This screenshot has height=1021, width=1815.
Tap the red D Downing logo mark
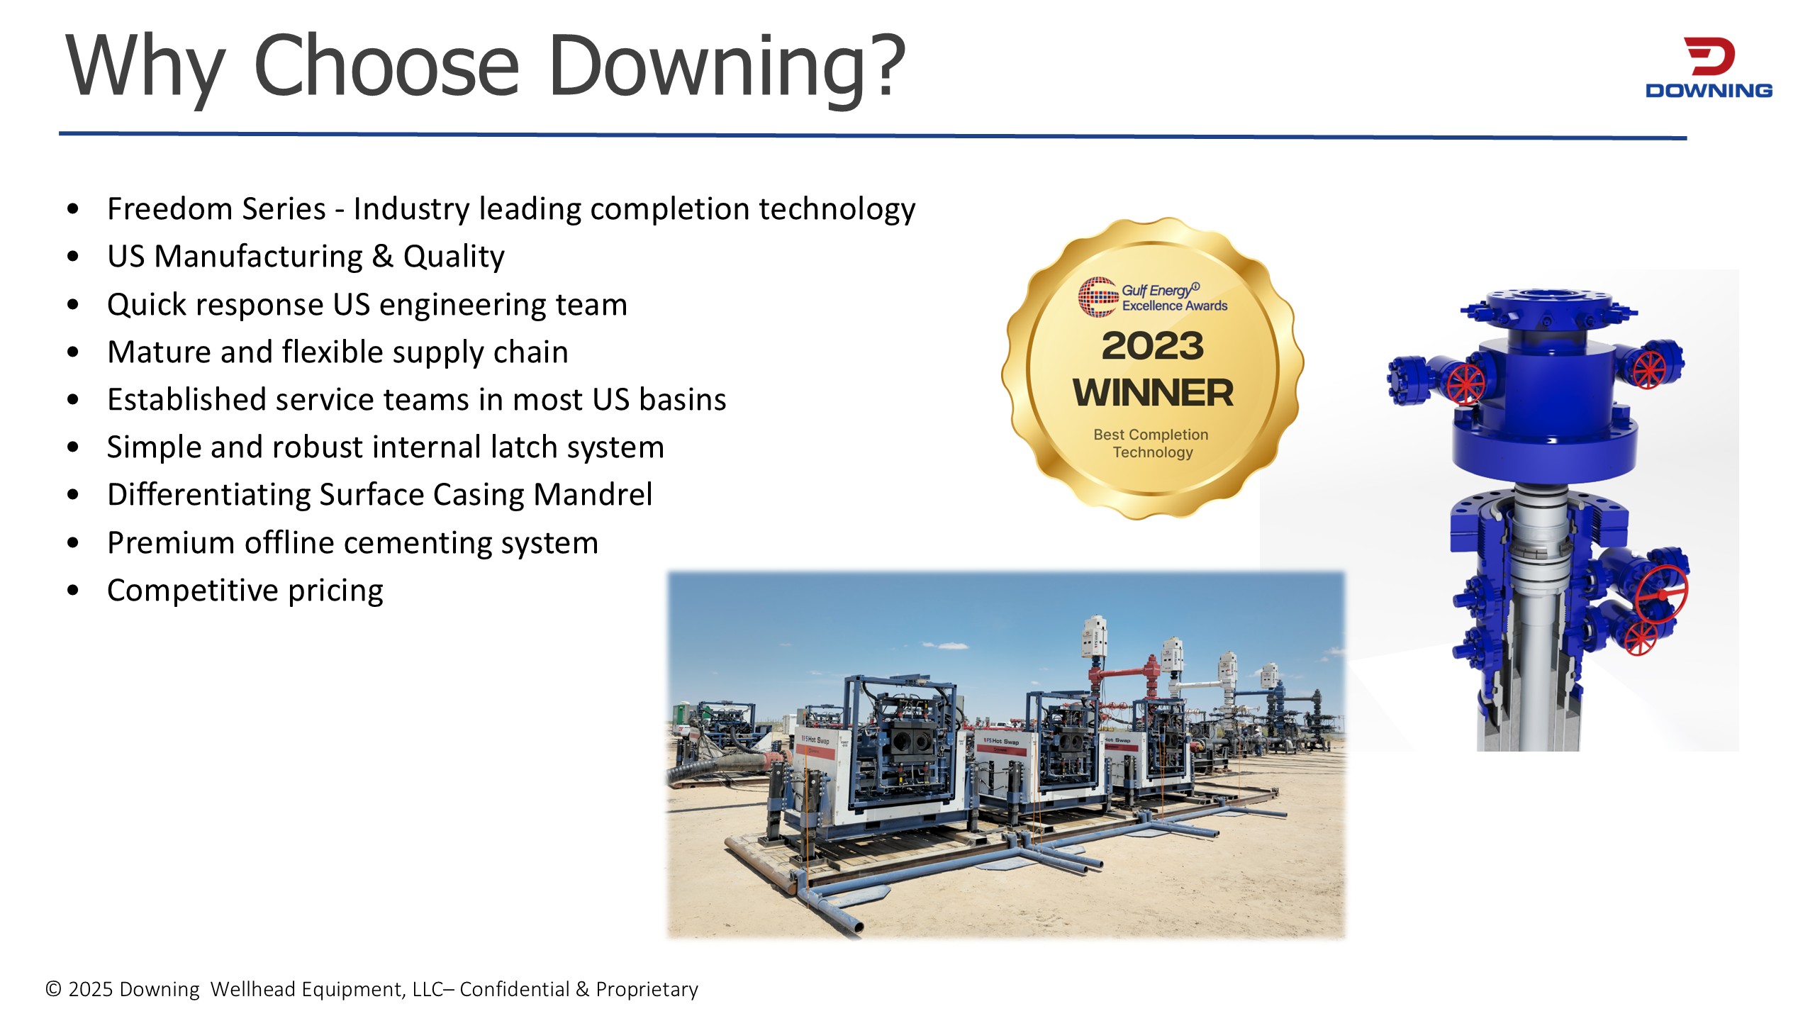pyautogui.click(x=1709, y=57)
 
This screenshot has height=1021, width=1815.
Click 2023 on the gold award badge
pyautogui.click(x=1153, y=346)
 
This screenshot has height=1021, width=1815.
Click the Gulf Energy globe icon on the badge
pyautogui.click(x=1098, y=296)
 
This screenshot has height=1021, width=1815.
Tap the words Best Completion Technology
pyautogui.click(x=1151, y=443)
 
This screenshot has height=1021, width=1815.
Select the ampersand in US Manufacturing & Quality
pyautogui.click(x=383, y=256)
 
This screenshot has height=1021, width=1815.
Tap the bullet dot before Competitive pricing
pyautogui.click(x=73, y=590)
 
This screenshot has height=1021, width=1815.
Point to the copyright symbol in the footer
pyautogui.click(x=53, y=988)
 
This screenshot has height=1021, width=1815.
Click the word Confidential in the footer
pyautogui.click(x=515, y=988)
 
